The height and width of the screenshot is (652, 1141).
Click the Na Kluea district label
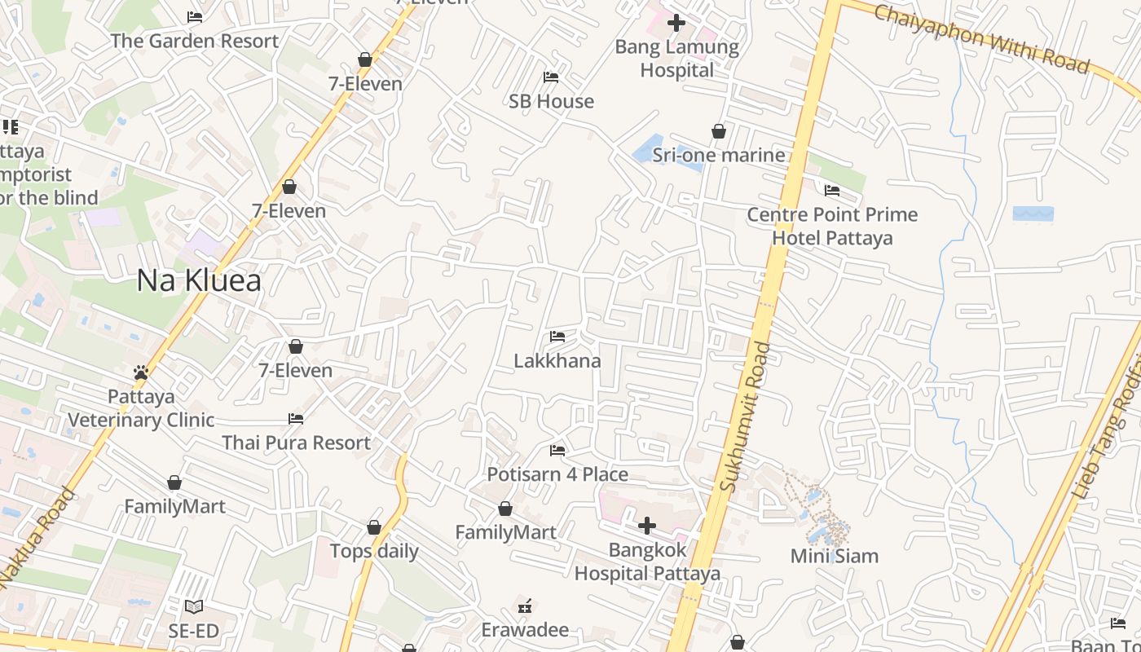(199, 280)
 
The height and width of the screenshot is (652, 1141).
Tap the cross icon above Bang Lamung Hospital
(676, 22)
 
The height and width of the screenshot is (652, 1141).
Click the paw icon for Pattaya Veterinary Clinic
(141, 372)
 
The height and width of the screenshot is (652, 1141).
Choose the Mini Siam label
(835, 556)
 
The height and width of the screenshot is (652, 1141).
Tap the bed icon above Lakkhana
(557, 336)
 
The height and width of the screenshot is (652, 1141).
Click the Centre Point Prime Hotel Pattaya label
(832, 226)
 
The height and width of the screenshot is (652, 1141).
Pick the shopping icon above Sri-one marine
(719, 131)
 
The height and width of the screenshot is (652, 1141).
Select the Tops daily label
(374, 551)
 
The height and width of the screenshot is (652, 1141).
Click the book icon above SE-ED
(193, 606)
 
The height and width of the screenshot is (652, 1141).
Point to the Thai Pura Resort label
(297, 443)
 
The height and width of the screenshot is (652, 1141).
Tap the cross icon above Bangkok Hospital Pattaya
(647, 525)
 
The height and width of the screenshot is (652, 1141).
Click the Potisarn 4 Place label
(557, 474)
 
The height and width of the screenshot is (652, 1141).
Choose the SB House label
(552, 101)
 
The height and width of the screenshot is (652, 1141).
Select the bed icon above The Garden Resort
(194, 16)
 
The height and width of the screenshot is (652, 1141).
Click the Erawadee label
(525, 629)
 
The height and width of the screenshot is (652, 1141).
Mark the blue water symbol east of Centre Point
(1033, 214)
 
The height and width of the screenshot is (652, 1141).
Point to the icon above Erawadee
(525, 606)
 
